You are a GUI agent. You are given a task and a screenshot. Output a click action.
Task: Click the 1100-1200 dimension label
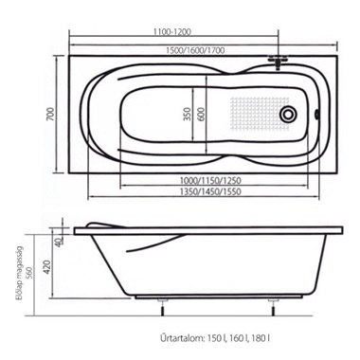pos(172,32)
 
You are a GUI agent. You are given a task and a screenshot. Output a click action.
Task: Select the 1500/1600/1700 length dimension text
pos(196,50)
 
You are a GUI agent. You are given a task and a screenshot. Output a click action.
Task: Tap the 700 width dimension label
pos(50,114)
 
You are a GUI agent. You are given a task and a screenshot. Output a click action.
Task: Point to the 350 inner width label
pos(188,114)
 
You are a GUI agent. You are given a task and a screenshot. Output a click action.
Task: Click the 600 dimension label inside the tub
pos(202,114)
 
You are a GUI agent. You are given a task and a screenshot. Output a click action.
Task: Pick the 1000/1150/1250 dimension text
pos(210,181)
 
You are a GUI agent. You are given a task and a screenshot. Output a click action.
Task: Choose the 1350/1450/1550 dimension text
pos(210,191)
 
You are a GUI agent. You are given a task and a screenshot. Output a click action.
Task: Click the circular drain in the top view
pos(289,114)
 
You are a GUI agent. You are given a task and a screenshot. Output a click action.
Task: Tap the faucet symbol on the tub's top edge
pos(278,62)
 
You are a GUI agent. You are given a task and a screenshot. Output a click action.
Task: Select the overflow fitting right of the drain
pos(316,114)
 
